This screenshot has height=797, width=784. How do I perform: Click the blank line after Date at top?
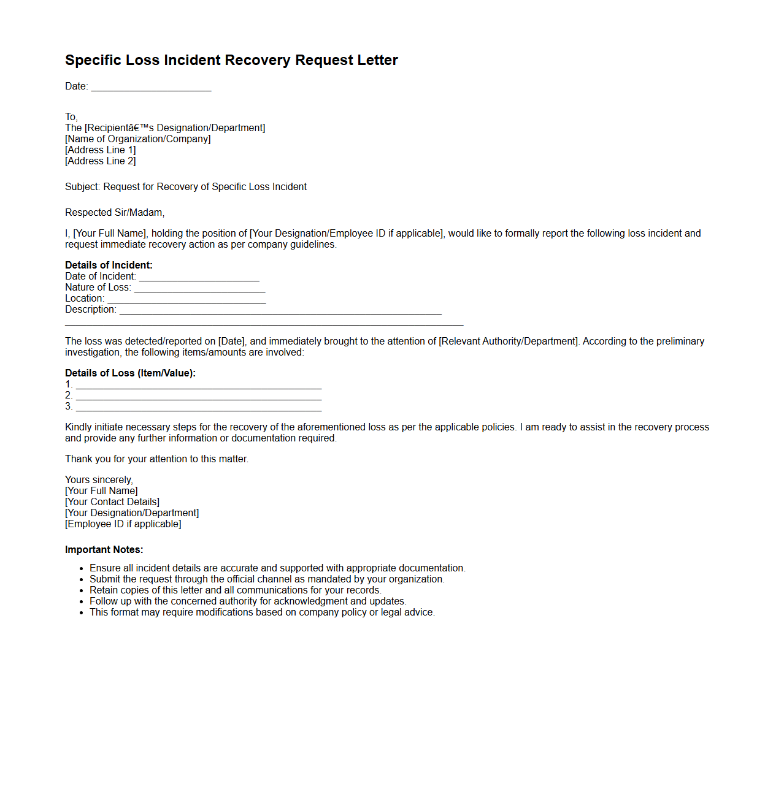coord(151,87)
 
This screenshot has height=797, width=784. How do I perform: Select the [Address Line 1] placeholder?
coord(101,150)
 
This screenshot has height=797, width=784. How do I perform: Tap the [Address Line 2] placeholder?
coord(101,161)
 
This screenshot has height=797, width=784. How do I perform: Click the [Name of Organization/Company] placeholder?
coord(138,139)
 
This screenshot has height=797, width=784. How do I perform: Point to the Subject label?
coord(82,187)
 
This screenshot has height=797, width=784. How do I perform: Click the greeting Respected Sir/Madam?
coord(115,213)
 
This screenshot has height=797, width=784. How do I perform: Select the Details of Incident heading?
coord(109,265)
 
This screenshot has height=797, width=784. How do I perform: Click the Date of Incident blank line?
coord(199,277)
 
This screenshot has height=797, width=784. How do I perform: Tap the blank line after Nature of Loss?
coord(199,288)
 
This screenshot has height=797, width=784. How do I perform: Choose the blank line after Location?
coord(186,299)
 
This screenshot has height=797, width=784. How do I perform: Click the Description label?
coord(90,310)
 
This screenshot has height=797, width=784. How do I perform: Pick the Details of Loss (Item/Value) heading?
coord(130,373)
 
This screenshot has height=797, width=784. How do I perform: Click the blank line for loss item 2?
coord(199,397)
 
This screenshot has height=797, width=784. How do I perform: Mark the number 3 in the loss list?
coord(69,406)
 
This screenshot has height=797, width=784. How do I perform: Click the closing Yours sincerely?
coord(99,480)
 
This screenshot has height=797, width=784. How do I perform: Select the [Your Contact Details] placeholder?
coord(112,502)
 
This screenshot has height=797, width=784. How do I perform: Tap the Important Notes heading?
coord(104,550)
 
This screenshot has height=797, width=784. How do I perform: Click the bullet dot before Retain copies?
coord(81,590)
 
